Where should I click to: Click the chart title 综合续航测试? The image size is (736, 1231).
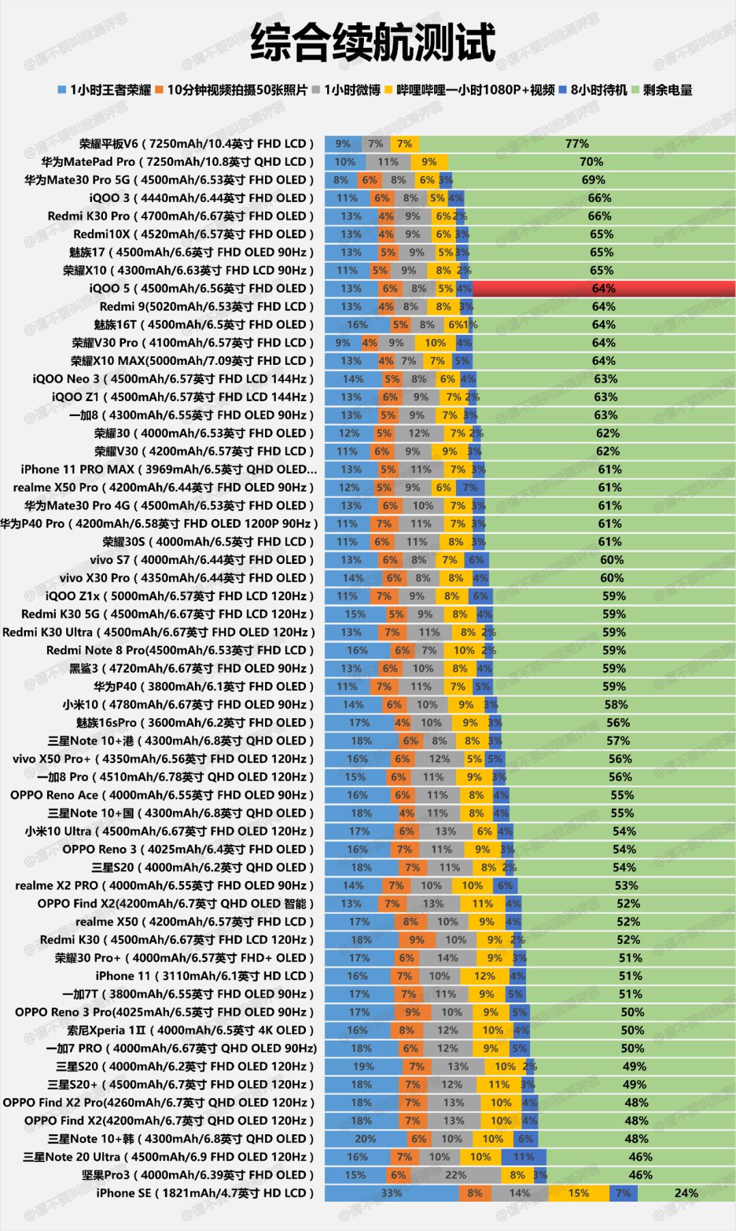coord(372,42)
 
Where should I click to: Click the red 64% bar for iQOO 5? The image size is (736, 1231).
coord(603,288)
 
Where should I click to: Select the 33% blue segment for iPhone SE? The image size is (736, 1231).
coord(391,1193)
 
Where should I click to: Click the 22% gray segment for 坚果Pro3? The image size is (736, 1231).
coord(455,1175)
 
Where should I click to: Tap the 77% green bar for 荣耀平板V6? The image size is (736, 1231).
coord(577,144)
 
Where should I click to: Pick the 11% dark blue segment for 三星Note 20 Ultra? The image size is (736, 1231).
coord(523,1157)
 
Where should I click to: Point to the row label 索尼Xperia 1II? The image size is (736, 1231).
coord(190,1030)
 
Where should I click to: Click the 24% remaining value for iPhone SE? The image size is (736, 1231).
coord(686,1193)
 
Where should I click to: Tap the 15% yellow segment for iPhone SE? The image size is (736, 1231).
coord(578,1193)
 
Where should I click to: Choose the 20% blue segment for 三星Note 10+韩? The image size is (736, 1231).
coord(365,1139)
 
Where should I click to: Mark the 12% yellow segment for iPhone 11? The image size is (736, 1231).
coord(485,976)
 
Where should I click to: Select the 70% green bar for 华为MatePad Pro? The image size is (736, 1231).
coord(591,162)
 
